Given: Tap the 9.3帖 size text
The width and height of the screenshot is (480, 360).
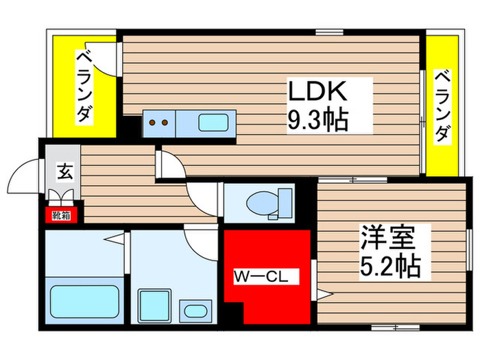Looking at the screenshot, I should point(317,121).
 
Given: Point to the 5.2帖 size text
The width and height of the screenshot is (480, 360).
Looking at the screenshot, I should point(389,266).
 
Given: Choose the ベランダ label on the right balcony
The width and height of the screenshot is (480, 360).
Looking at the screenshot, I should point(442,106).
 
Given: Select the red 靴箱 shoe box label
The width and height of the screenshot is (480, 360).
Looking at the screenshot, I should point(62,215).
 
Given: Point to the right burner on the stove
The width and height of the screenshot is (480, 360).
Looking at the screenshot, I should point(165,124).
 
